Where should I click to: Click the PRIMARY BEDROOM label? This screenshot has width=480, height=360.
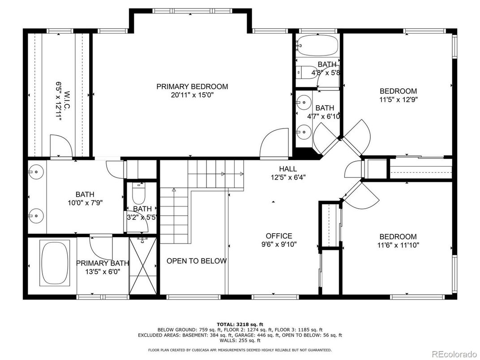pyautogui.click(x=192, y=86)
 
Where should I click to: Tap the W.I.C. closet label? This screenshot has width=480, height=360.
pyautogui.click(x=67, y=101)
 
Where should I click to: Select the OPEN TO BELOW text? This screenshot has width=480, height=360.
pyautogui.click(x=197, y=261)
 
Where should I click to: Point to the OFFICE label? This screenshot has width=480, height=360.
pyautogui.click(x=279, y=236)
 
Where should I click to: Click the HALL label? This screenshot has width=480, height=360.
pyautogui.click(x=288, y=169)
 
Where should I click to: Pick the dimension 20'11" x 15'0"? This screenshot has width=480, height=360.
pyautogui.click(x=192, y=95)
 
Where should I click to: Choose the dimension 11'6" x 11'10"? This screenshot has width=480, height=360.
pyautogui.click(x=398, y=245)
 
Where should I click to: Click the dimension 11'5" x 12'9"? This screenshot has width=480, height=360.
pyautogui.click(x=398, y=99)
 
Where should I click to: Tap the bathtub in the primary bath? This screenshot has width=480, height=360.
pyautogui.click(x=55, y=263)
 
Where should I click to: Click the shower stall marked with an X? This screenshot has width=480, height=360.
pyautogui.click(x=143, y=266)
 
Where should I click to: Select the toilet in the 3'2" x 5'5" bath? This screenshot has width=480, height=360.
pyautogui.click(x=139, y=193)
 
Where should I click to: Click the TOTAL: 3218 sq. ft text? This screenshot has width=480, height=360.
pyautogui.click(x=240, y=324)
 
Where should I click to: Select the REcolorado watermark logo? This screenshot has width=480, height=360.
pyautogui.click(x=454, y=354)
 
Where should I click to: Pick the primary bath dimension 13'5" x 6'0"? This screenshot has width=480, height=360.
pyautogui.click(x=102, y=271)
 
